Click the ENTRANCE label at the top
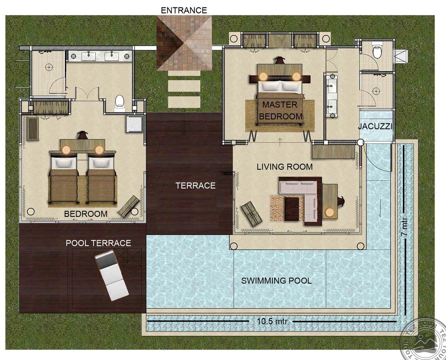click(184, 10)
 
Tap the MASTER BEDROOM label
click(280, 110)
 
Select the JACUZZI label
click(375, 126)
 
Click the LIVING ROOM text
click(285, 167)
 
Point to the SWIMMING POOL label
click(277, 281)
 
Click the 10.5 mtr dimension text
click(272, 321)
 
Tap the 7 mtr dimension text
click(404, 226)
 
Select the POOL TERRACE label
click(98, 243)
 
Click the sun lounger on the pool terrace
click(112, 275)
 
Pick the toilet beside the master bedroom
click(377, 50)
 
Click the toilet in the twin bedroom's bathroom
click(119, 103)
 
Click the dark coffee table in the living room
click(292, 209)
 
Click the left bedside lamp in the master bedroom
click(264, 76)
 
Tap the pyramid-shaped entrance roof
click(184, 44)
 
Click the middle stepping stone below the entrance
click(184, 86)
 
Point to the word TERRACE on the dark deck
click(195, 186)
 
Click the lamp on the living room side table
click(329, 212)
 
